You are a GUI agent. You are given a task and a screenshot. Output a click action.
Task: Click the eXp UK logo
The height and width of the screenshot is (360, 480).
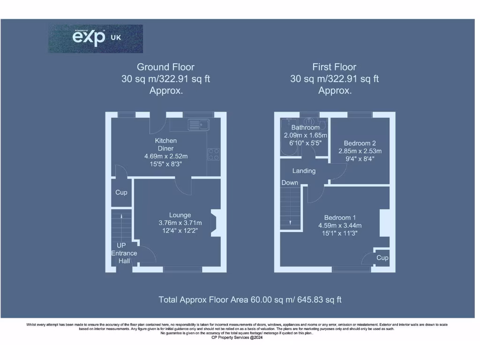tap(96, 38)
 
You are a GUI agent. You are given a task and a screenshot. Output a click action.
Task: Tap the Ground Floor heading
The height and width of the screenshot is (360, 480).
tap(165, 67)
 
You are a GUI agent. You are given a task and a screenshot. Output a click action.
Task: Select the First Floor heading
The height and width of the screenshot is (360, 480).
tap(334, 67)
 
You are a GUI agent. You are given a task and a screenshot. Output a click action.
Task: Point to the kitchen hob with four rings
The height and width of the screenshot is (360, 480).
tap(214, 154)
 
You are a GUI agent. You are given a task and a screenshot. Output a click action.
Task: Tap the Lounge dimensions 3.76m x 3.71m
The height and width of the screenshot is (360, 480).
tap(180, 223)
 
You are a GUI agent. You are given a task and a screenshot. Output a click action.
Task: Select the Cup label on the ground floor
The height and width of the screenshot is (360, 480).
tap(121, 192)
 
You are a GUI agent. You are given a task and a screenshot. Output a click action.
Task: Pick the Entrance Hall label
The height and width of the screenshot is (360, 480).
tap(124, 257)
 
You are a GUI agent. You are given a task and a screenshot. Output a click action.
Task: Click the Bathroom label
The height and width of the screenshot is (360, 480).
tap(305, 127)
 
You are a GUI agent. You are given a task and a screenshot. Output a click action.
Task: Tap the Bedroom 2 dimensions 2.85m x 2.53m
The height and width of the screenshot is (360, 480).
tap(360, 151)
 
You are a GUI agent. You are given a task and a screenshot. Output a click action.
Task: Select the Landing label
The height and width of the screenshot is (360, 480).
tap(304, 171)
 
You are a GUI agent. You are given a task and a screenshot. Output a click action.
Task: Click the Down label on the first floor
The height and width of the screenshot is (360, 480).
tap(290, 183)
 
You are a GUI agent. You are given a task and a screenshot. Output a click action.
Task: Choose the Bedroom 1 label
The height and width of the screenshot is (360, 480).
tap(340, 217)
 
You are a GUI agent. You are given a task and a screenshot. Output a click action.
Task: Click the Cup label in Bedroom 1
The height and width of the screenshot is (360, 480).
tap(382, 258)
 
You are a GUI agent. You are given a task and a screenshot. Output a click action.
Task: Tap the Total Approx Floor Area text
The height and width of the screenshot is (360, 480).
tap(250, 300)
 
